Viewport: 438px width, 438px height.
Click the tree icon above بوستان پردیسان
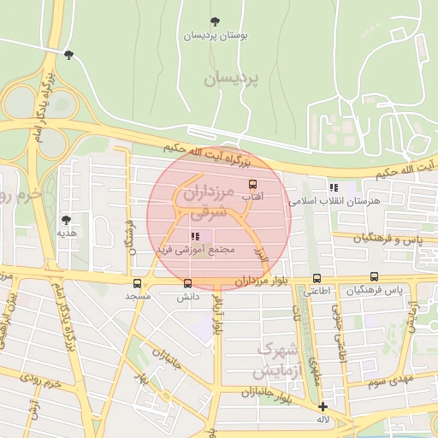[214, 21]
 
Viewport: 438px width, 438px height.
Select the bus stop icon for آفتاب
[252, 184]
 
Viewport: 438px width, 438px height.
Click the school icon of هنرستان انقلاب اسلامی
[334, 187]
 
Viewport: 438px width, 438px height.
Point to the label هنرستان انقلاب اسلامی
[334, 201]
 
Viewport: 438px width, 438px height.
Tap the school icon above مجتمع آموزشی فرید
[195, 236]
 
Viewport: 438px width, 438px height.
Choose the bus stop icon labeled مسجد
[137, 283]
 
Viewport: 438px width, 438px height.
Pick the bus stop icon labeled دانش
[188, 283]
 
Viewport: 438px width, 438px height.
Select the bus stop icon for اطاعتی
[317, 278]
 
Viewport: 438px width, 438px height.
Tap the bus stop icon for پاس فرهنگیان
[374, 277]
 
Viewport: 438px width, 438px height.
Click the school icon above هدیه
[63, 218]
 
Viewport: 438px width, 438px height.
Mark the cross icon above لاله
[323, 407]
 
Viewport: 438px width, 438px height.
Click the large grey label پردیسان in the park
[230, 79]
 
